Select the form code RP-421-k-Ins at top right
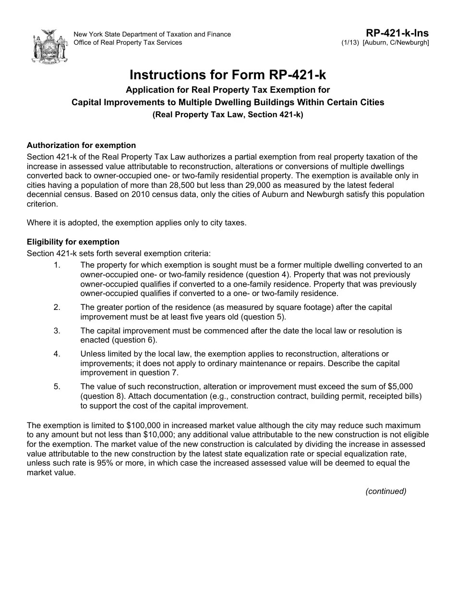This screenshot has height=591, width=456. coord(397,33)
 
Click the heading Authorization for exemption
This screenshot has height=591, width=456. coord(81,145)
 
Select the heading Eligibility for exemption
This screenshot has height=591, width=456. coord(73,242)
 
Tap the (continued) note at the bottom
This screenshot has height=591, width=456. coord(385,491)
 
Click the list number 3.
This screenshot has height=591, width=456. coord(57,331)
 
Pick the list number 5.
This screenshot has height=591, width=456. coord(57,386)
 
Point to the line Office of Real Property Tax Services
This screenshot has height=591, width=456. coord(128,42)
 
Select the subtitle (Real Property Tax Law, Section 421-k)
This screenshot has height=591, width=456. coord(228,115)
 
